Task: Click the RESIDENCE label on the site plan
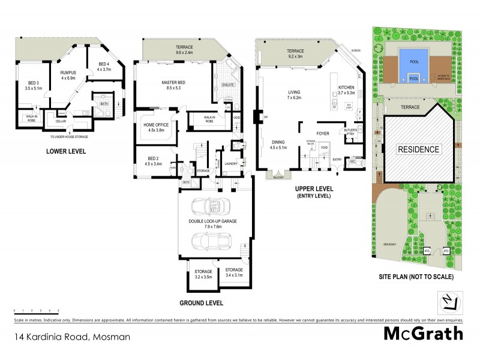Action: [418, 149]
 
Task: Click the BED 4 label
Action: [104, 67]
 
